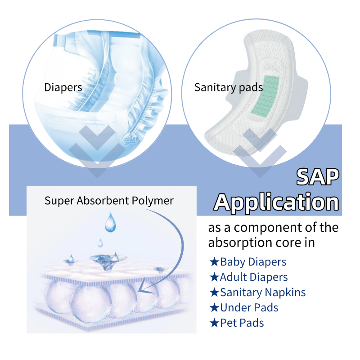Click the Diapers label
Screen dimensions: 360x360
click(x=63, y=87)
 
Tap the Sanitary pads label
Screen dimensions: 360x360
click(x=228, y=87)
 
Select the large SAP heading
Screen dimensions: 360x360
click(x=318, y=177)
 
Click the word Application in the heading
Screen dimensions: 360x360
click(x=276, y=202)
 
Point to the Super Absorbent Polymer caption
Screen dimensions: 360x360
click(x=109, y=200)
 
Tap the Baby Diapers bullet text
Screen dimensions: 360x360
click(x=253, y=261)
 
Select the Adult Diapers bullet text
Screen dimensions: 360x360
click(x=254, y=277)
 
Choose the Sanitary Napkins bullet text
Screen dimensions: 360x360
click(x=263, y=292)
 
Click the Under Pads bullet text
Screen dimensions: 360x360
click(x=249, y=307)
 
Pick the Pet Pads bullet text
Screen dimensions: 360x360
click(x=242, y=323)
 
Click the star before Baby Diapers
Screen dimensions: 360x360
click(x=214, y=261)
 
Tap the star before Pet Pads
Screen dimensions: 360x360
click(x=214, y=323)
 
